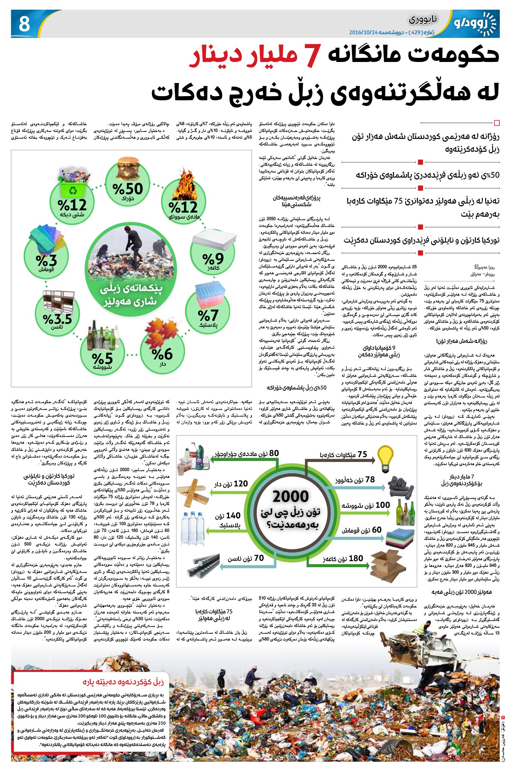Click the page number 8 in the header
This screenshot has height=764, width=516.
[24, 24]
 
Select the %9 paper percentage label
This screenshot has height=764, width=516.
[213, 259]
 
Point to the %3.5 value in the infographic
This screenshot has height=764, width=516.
[58, 319]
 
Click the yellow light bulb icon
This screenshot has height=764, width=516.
[385, 459]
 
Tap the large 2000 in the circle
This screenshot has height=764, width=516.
[291, 496]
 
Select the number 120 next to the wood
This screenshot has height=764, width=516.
[241, 483]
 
